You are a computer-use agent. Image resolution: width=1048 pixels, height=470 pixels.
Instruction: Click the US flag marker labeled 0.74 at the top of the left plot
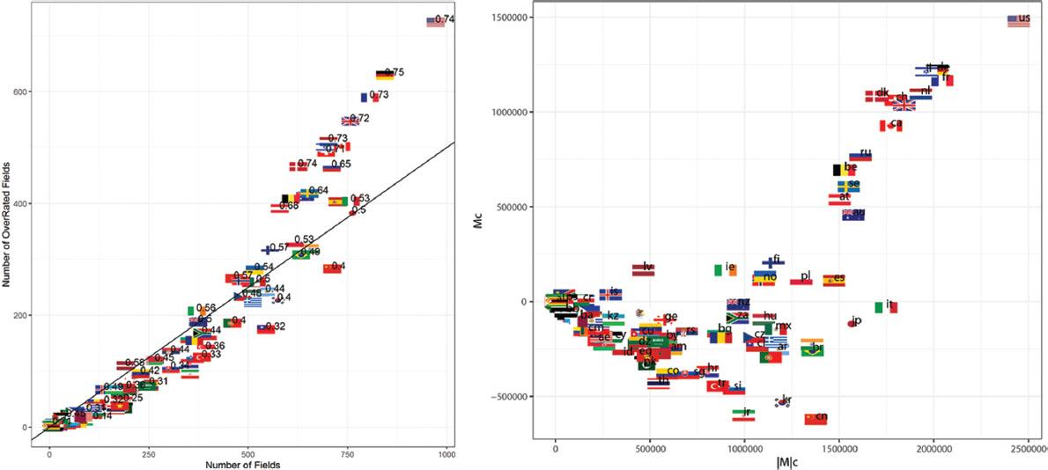pyautogui.click(x=435, y=21)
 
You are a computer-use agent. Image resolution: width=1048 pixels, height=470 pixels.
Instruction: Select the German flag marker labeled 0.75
pyautogui.click(x=384, y=75)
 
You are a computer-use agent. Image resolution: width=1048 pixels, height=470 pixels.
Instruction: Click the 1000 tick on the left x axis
pyautogui.click(x=446, y=454)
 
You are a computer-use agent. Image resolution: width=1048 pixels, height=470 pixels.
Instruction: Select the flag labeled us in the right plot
pyautogui.click(x=1018, y=20)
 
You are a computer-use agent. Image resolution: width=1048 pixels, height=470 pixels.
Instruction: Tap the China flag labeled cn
pyautogui.click(x=815, y=418)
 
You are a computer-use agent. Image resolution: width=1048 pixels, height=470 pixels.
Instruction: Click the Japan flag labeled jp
pyautogui.click(x=852, y=323)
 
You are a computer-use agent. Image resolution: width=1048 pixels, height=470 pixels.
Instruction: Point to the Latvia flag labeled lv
pyautogui.click(x=643, y=269)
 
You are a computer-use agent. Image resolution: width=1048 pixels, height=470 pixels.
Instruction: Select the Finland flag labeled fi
pyautogui.click(x=772, y=261)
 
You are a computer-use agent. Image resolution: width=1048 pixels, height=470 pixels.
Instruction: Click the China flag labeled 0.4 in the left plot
pyautogui.click(x=331, y=268)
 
